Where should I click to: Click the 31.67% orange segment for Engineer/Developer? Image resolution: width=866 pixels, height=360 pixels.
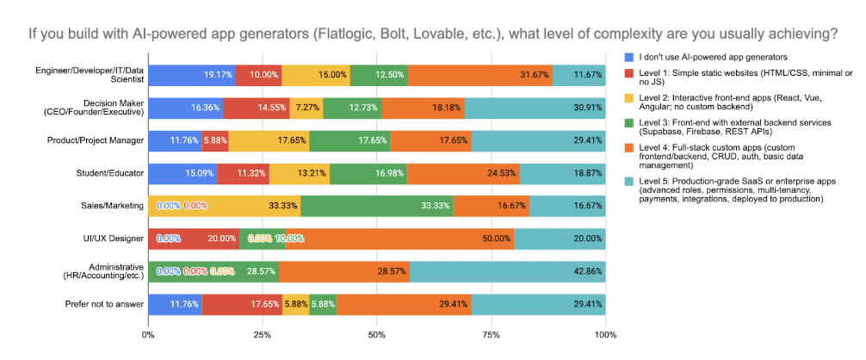[479, 75]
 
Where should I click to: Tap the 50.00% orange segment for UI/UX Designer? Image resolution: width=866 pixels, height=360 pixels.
[400, 239]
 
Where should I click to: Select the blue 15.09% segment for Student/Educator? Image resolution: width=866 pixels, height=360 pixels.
[182, 173]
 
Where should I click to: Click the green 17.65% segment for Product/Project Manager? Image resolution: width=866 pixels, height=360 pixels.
[349, 140]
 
